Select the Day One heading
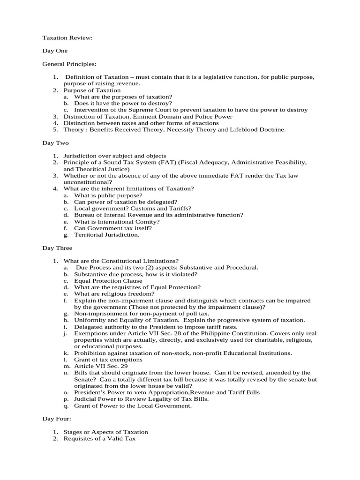(x=55, y=51)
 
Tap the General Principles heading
(x=70, y=64)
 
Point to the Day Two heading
(x=55, y=142)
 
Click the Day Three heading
(x=57, y=247)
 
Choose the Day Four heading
(x=56, y=419)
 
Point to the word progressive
(x=243, y=320)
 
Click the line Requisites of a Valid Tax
(x=99, y=438)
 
